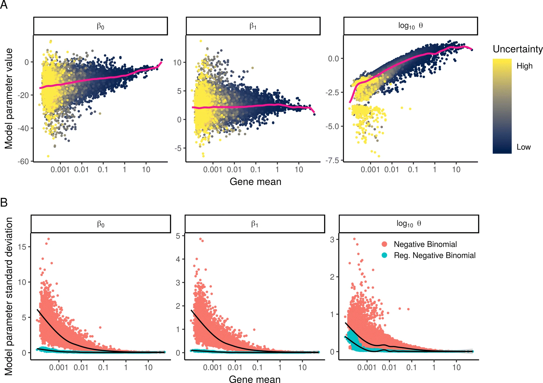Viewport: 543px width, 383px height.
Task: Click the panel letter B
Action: click(x=4, y=202)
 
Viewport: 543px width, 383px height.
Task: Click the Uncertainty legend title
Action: click(x=518, y=49)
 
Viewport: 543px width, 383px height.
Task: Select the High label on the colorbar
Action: click(x=524, y=66)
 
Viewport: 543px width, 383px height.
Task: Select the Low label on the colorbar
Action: click(x=523, y=147)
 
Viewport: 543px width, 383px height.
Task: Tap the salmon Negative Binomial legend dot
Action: click(x=384, y=244)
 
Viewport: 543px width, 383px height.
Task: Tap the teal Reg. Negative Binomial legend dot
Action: click(x=384, y=255)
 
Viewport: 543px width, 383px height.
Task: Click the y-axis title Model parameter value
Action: click(x=9, y=98)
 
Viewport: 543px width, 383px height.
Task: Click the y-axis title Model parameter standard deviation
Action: click(x=9, y=296)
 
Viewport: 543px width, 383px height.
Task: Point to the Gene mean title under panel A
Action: click(x=255, y=182)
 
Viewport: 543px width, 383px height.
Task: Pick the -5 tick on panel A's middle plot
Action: click(x=178, y=148)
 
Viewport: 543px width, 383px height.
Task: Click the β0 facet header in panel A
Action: click(x=101, y=26)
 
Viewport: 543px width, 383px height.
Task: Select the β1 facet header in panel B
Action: click(x=254, y=224)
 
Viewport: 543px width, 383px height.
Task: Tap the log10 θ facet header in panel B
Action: click(x=409, y=224)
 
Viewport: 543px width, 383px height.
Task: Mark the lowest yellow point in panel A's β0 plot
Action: click(x=48, y=156)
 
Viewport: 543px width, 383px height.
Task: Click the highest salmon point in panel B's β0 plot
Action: click(x=48, y=239)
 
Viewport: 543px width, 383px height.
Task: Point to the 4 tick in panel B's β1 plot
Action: click(x=178, y=259)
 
